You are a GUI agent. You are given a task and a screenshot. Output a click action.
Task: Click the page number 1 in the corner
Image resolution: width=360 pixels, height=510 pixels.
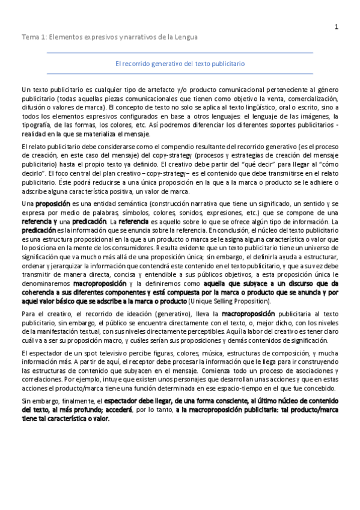point(336,26)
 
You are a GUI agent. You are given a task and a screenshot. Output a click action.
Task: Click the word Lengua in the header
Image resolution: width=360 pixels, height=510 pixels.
point(185,37)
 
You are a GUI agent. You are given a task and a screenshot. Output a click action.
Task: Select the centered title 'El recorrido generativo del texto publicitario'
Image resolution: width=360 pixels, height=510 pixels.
point(180,63)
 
